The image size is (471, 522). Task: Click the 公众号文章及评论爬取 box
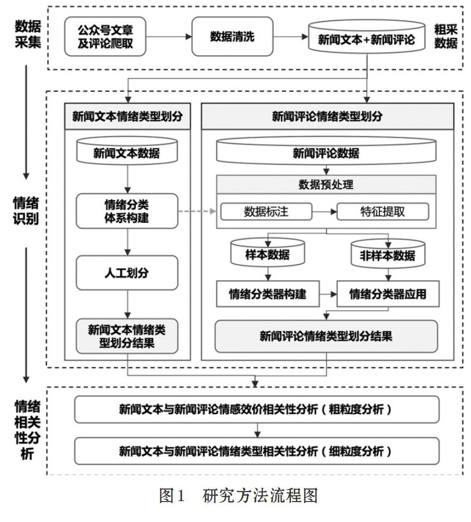pos(105,37)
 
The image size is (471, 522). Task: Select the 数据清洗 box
pos(232,37)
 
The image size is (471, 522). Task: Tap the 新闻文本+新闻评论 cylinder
pos(367,37)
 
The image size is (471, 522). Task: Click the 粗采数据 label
pos(446,37)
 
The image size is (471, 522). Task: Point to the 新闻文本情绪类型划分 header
pos(127,116)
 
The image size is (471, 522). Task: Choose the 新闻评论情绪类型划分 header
pos(327,116)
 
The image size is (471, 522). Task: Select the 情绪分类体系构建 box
pos(127,211)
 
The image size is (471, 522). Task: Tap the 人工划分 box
pos(127,273)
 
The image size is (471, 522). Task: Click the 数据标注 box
pos(266,211)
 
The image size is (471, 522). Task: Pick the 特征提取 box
pos(383,211)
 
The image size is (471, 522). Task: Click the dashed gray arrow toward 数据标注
pos(197,211)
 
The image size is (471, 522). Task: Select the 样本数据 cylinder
pos(267,252)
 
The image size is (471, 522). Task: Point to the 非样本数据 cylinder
pos(388,254)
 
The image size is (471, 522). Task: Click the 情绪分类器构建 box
pos(268,294)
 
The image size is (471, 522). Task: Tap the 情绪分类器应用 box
pos(388,294)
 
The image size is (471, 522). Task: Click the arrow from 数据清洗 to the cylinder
pos(291,37)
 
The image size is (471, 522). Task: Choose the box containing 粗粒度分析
pos(257,409)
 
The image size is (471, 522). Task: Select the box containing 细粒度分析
pos(257,451)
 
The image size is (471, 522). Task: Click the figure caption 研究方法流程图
pos(260,496)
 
